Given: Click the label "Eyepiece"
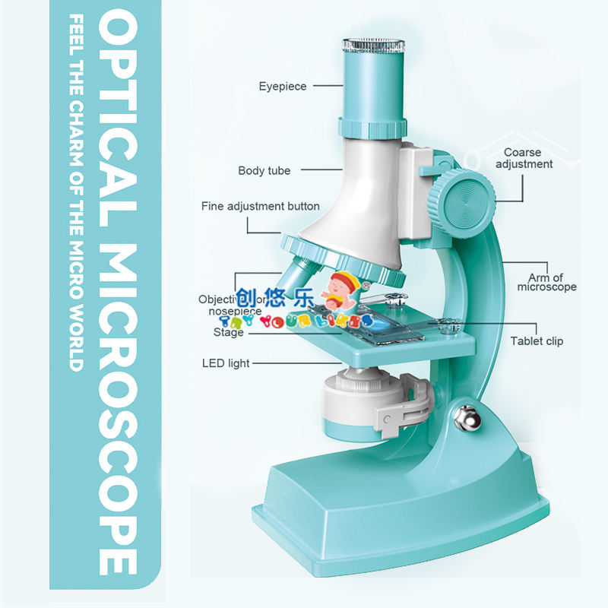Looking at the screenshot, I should [282, 87].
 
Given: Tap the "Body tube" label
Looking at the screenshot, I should [264, 171].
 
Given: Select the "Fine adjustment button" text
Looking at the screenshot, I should [260, 206].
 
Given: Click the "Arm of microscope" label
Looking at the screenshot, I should [546, 282].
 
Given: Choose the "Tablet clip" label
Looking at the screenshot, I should [537, 341].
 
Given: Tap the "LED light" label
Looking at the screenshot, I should [226, 363].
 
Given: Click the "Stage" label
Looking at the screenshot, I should [229, 332].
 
